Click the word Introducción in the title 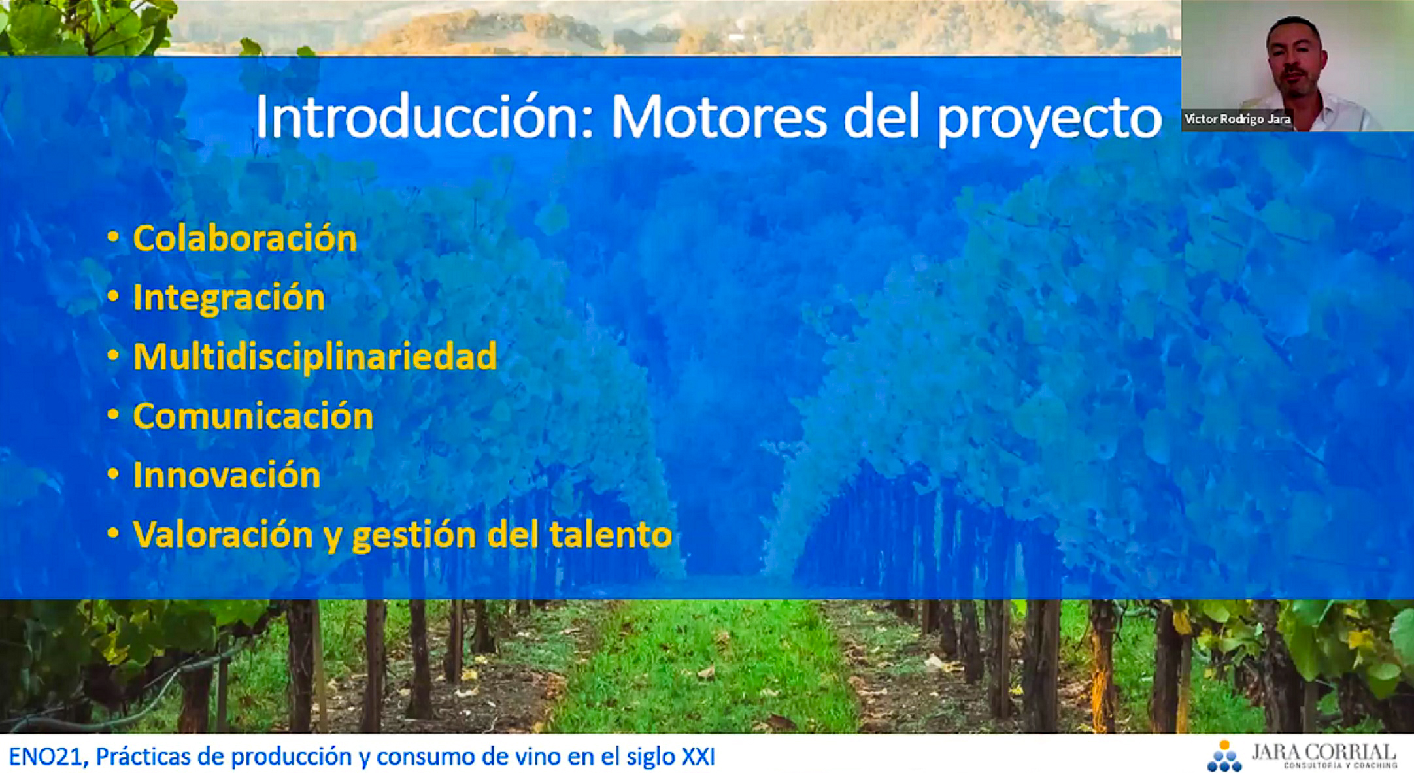click(424, 117)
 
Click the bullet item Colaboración click(244, 238)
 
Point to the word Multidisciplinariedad click(314, 357)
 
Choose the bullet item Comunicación click(253, 416)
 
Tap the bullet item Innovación click(226, 475)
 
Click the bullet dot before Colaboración click(113, 238)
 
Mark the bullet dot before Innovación click(113, 475)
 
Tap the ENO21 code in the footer click(46, 757)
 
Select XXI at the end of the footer click(699, 757)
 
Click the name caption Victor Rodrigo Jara click(1237, 120)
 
